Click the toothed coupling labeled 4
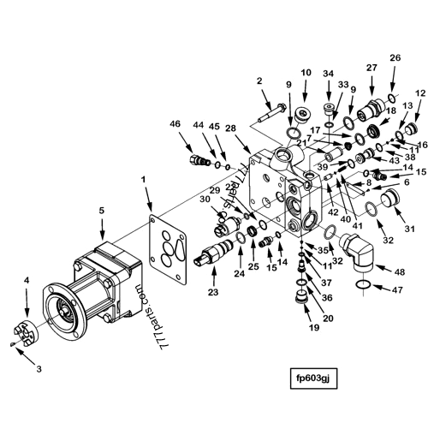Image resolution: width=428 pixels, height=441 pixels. point(29,329)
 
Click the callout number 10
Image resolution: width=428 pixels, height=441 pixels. point(306,73)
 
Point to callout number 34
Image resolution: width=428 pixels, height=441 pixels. point(329,74)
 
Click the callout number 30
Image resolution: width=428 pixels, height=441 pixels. point(205,200)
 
